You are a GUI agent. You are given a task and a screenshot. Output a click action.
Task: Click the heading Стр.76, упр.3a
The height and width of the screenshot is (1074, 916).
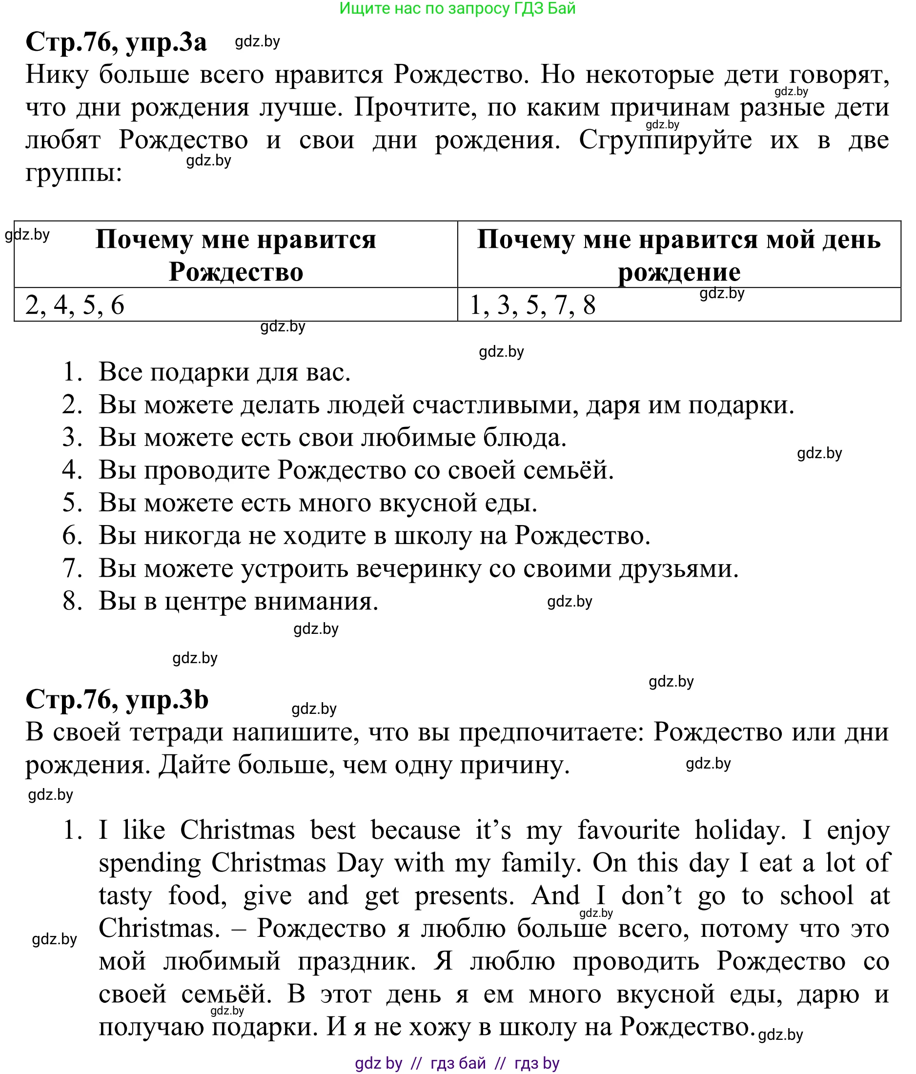click(x=116, y=41)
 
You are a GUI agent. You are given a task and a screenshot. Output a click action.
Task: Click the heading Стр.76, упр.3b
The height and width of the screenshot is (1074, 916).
click(x=117, y=699)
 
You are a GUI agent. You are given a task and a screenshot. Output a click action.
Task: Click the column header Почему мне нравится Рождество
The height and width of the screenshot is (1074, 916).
click(x=236, y=255)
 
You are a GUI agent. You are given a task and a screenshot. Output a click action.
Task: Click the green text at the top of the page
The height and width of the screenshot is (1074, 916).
click(x=457, y=8)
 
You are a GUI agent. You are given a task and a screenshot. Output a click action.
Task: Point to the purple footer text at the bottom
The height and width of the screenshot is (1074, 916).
click(x=457, y=1063)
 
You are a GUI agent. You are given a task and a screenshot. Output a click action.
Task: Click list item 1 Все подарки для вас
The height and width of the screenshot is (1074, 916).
click(x=224, y=372)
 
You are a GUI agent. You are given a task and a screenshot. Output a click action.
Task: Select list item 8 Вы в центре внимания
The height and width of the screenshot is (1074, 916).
click(x=239, y=601)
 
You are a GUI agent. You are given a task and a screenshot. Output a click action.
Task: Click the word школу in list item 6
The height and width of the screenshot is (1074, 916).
click(x=433, y=535)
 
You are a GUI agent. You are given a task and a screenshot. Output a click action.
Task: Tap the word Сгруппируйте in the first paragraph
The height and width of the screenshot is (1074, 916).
click(x=665, y=140)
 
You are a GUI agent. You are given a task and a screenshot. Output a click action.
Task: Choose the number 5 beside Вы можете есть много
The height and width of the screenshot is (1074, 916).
click(x=72, y=503)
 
